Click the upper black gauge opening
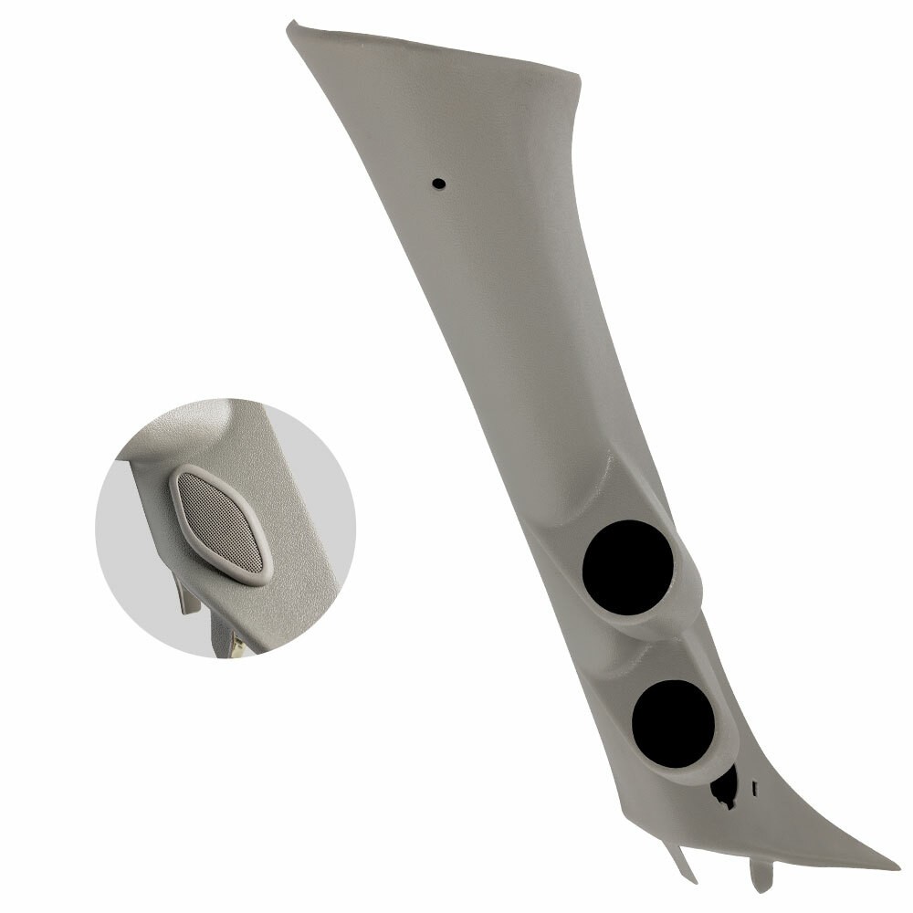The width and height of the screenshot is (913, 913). point(628,566)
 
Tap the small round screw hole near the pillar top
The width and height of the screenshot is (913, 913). point(438,184)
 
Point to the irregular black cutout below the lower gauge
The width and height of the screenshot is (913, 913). point(726,788)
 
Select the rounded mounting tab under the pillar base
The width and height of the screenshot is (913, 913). point(761,876)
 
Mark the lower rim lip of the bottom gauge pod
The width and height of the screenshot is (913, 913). point(698,771)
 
